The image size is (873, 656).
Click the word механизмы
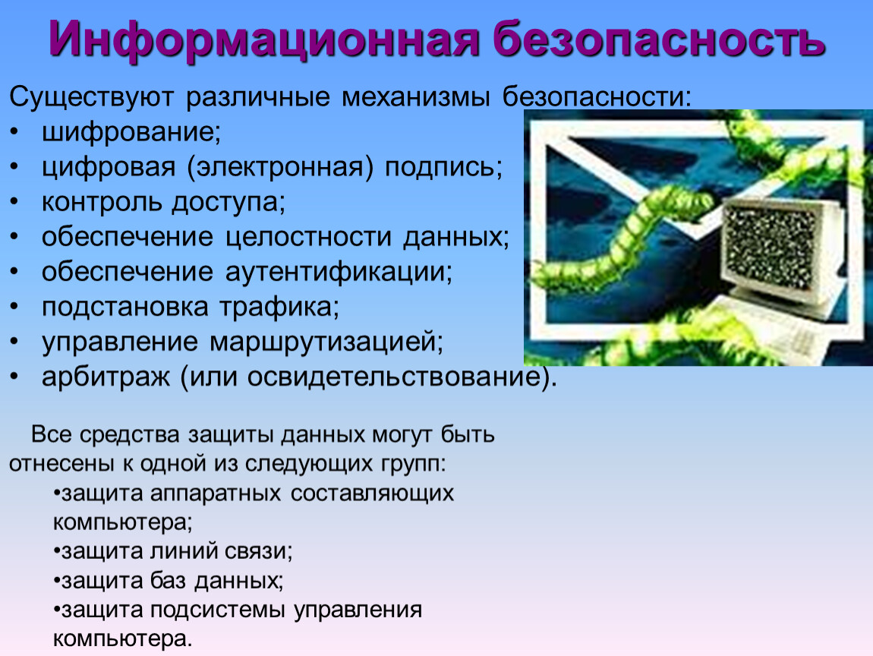pos(416,97)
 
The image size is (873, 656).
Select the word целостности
pos(308,238)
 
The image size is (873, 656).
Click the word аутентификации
pos(339,273)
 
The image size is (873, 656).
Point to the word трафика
pos(279,307)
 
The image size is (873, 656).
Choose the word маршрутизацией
pos(326,342)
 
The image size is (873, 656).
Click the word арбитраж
pos(106,377)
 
